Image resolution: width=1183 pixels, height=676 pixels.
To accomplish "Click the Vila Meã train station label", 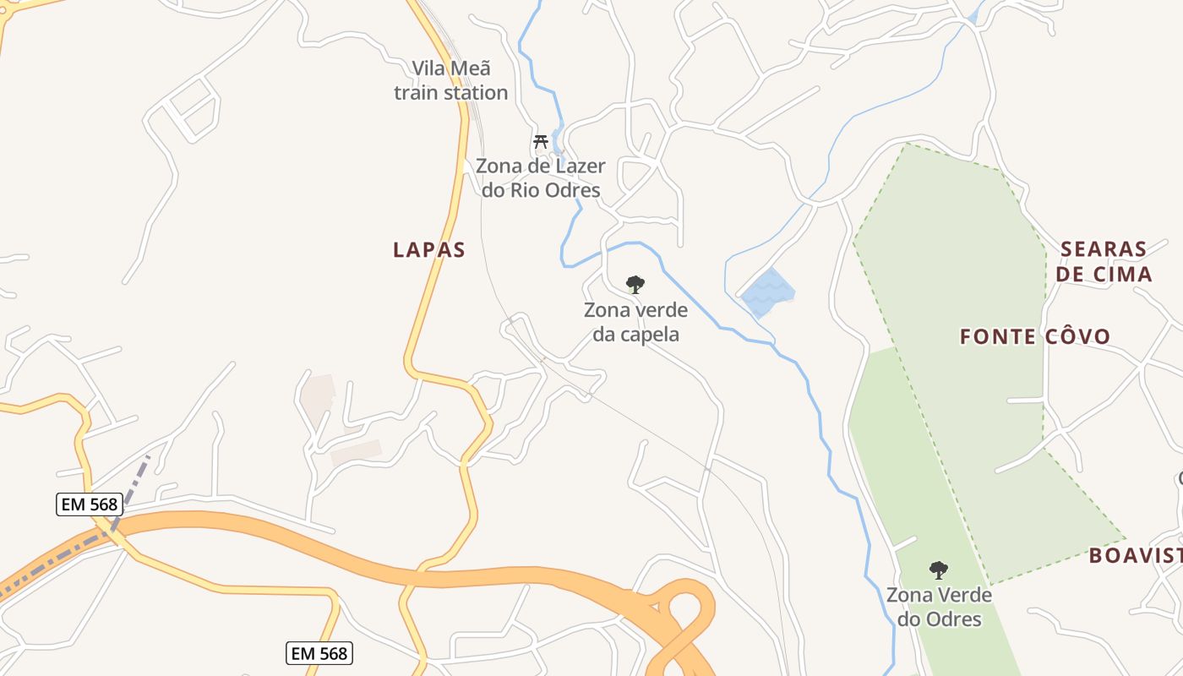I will point(451,80).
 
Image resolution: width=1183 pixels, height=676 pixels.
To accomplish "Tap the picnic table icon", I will point(541,141).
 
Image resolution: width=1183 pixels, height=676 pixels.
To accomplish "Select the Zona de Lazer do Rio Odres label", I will point(541,177).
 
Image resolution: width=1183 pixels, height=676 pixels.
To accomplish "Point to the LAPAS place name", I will point(429,250).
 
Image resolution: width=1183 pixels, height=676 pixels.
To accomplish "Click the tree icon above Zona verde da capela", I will point(635,285).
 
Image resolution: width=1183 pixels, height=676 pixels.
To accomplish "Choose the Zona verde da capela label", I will point(635,322).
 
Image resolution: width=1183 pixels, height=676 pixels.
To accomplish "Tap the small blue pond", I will point(767,292).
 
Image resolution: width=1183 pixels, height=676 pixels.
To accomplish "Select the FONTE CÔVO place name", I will point(1035,336).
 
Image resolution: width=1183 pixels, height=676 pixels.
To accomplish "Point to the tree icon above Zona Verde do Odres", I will point(938,570).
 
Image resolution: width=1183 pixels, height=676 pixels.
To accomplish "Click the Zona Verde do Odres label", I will point(939,607).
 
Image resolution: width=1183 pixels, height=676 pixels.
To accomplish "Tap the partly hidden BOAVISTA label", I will point(1135,555).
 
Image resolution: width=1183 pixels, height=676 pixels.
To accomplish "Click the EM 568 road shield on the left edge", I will point(88,504).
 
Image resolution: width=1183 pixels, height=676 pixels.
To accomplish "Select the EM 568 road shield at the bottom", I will point(319,653).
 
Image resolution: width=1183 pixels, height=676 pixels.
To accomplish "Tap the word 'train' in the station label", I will point(422,92).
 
